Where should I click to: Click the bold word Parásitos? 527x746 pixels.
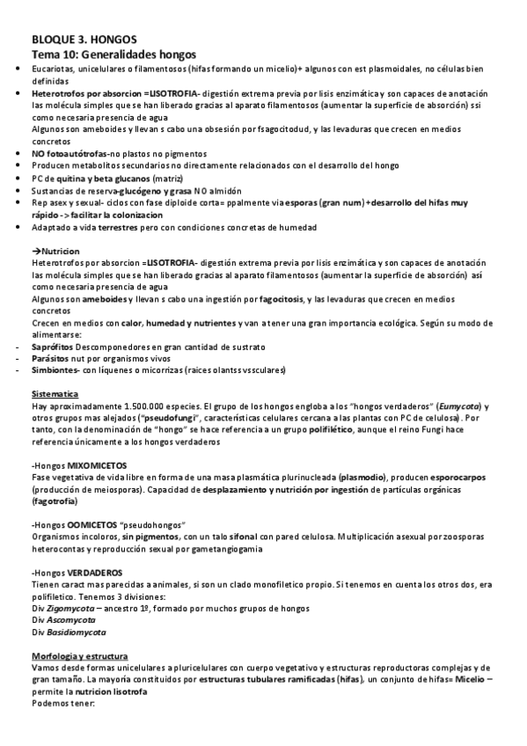[x=48, y=358]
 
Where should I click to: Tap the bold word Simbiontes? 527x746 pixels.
[x=53, y=369]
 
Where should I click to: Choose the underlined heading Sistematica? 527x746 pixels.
[x=55, y=394]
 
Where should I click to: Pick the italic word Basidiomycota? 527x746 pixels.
[x=76, y=632]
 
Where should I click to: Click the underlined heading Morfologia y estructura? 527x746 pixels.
[x=79, y=656]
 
